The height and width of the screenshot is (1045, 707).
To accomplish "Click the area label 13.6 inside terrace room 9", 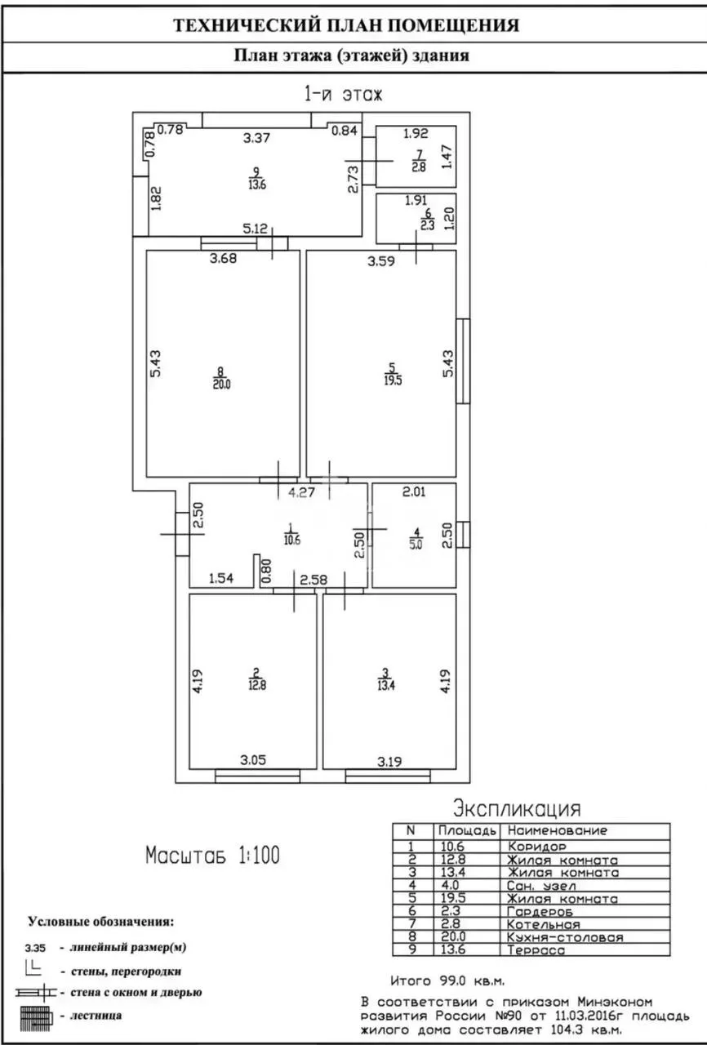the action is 257,185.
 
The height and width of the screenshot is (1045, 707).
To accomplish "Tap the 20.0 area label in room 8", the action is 221,385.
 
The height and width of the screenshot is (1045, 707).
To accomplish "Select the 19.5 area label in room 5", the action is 393,380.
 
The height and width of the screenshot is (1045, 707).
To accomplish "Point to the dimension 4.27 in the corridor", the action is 301,492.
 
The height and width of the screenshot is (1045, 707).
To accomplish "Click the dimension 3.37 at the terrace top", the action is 256,138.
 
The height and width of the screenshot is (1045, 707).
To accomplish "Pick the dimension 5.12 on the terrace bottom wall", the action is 255,229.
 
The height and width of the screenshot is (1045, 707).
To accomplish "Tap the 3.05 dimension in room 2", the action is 253,760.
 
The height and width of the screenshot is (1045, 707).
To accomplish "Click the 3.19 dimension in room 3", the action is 389,762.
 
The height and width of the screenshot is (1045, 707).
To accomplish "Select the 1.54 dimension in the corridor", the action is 221,578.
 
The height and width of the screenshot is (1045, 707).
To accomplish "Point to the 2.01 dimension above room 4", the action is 414,491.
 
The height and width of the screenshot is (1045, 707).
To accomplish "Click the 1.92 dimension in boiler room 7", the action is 416,133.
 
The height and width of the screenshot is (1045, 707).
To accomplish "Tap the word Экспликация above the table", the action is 518,808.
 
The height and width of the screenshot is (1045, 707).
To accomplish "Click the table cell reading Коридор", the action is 536,846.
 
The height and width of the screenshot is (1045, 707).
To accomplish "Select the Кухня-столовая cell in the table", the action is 565,937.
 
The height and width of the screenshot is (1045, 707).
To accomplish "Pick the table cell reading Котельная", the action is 543,924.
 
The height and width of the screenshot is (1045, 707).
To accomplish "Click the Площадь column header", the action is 467,831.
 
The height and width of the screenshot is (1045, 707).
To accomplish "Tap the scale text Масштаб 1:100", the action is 212,855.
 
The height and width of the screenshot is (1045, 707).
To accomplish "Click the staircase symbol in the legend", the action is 35,1016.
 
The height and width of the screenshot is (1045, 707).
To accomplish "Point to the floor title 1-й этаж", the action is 343,94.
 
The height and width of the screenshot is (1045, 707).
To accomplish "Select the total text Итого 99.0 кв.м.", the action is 447,981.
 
